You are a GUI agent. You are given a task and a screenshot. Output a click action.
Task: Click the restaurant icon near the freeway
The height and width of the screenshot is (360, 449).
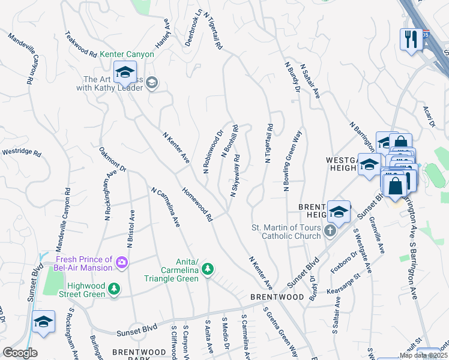(x=411, y=40)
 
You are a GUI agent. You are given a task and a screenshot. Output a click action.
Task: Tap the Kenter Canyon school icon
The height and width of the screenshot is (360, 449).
(x=125, y=73)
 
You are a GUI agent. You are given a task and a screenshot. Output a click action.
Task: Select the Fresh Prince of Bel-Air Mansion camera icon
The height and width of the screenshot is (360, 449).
(x=122, y=262)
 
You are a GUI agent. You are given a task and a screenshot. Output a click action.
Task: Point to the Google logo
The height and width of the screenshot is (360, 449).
(x=20, y=352)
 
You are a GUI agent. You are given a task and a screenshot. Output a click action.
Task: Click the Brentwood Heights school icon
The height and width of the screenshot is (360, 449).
(x=339, y=212)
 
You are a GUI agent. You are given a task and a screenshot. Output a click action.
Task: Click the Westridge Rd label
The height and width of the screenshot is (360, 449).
(x=20, y=153)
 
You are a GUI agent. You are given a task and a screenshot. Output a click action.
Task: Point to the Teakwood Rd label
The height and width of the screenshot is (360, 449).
(x=82, y=44)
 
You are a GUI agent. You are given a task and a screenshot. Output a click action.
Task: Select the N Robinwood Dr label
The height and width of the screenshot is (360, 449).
(x=213, y=152)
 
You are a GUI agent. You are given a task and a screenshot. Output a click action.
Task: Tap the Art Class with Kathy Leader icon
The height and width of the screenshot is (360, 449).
(x=151, y=83)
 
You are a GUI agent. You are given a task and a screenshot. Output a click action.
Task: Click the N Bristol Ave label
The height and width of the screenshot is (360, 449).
(x=130, y=229)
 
